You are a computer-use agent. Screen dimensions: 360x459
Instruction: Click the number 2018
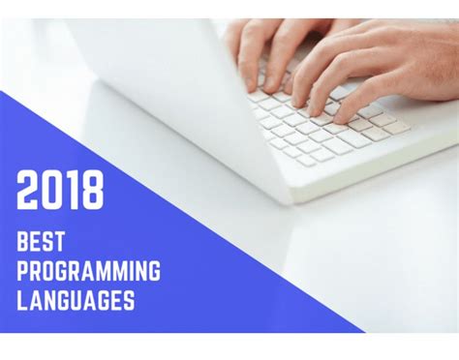tap(60, 191)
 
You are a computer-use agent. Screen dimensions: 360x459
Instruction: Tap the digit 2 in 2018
tap(28, 191)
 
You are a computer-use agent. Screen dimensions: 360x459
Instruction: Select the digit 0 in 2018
tap(51, 191)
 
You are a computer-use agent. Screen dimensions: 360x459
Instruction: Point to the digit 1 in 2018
tap(71, 191)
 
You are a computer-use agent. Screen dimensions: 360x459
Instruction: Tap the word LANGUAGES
tap(76, 300)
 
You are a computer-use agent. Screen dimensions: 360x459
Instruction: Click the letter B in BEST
tap(24, 241)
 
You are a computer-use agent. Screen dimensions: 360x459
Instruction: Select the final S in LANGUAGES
tap(128, 300)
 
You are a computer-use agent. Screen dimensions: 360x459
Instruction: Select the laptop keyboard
tap(324, 121)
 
